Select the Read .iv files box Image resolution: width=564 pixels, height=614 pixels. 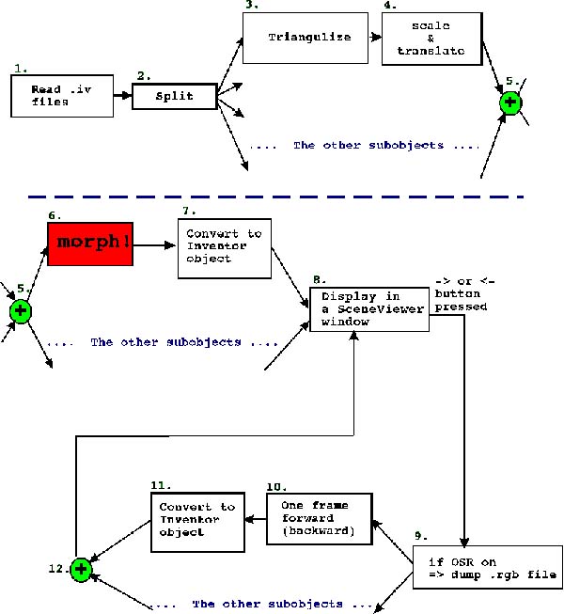tap(51, 96)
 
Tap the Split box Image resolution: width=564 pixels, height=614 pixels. tap(174, 97)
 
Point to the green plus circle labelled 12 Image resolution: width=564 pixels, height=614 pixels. tap(81, 569)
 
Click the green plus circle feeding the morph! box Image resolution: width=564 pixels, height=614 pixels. tap(19, 310)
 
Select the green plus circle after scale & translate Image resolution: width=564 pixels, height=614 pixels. tap(510, 102)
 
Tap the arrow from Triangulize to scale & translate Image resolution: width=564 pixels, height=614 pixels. tap(372, 38)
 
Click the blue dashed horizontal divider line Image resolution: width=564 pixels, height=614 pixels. tap(282, 197)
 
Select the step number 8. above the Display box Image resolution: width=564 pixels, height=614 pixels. tap(319, 279)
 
